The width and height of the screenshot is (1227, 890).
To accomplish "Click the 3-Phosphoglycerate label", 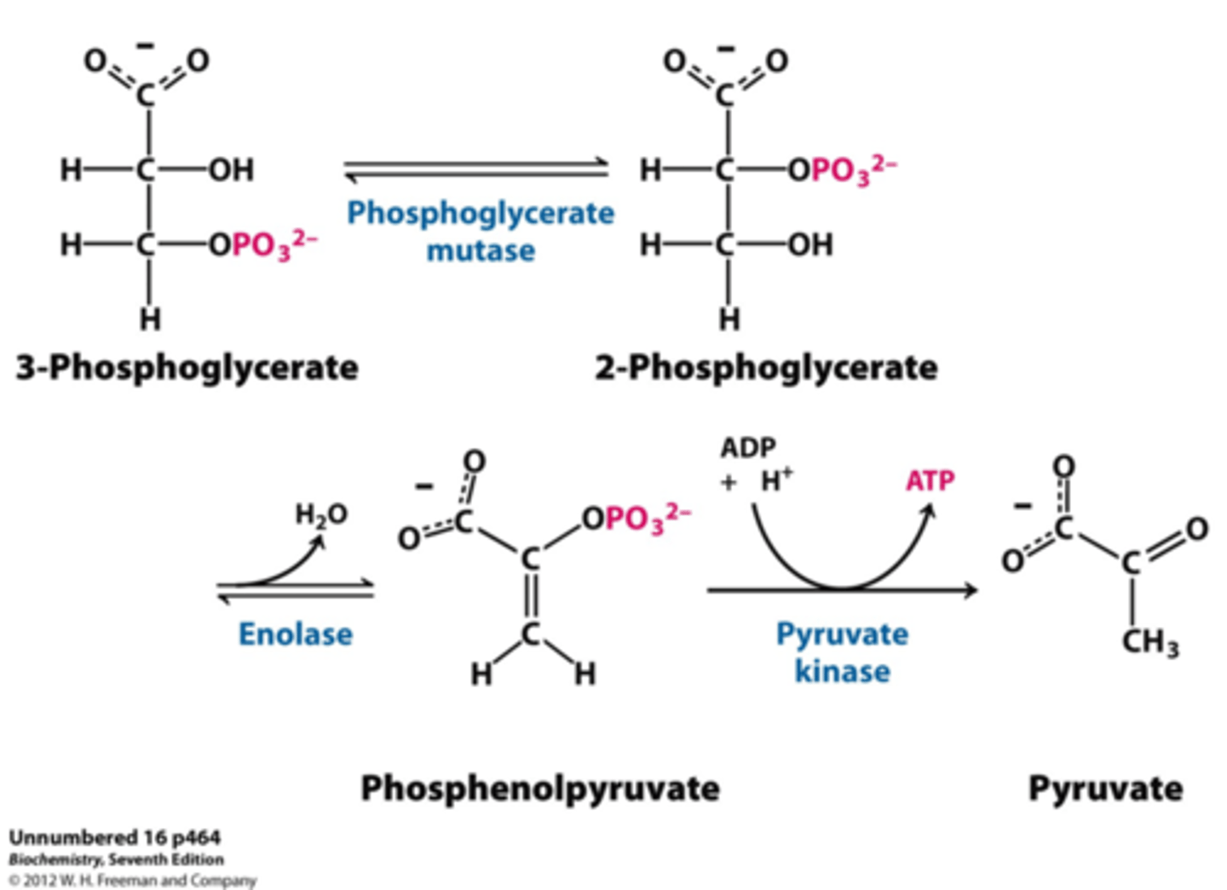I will (187, 368).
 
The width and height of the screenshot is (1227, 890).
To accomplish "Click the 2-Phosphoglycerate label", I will (766, 368).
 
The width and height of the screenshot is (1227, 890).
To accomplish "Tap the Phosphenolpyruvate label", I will (539, 788).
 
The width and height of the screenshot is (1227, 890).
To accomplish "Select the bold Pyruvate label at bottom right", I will (1105, 788).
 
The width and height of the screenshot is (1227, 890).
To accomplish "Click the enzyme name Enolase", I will (295, 634).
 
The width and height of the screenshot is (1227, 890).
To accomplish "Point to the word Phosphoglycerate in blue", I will (481, 213).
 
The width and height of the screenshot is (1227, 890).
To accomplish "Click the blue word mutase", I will (481, 251).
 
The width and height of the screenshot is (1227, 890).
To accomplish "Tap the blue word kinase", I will (842, 671).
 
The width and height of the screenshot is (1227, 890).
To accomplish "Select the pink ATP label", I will (930, 481).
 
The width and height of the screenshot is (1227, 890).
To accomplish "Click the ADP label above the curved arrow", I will (748, 448).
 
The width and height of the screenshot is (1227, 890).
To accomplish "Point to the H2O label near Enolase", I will (321, 514).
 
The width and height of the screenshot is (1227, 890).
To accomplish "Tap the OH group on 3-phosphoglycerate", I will (232, 170).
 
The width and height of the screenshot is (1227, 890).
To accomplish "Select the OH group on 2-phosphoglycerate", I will (810, 245).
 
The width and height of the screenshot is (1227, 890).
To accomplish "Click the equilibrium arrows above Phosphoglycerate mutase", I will (477, 170).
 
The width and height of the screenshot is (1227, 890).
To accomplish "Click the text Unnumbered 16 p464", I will (115, 838).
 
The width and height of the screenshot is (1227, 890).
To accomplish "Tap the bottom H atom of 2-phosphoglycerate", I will (729, 319).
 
